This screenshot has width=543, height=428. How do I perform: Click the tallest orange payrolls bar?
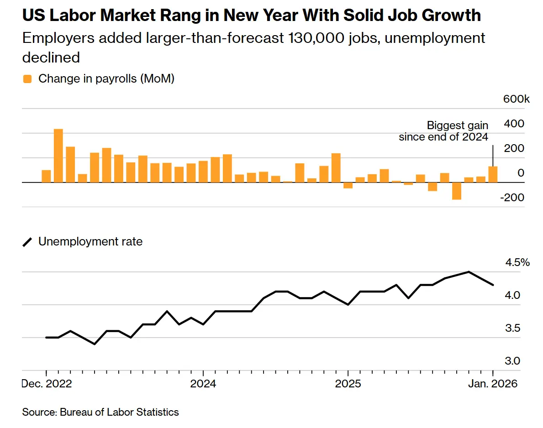(x=58, y=156)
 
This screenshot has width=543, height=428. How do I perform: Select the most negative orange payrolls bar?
(x=457, y=191)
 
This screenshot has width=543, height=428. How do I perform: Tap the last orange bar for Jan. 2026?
(x=493, y=174)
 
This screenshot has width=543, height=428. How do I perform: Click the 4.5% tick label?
(x=517, y=263)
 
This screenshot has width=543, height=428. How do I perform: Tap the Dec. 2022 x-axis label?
(x=47, y=384)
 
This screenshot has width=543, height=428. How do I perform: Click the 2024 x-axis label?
(x=203, y=384)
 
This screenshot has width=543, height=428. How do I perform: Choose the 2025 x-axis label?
(x=348, y=384)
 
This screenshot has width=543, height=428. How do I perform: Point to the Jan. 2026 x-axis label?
(x=492, y=384)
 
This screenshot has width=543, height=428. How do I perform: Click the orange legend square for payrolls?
(x=28, y=79)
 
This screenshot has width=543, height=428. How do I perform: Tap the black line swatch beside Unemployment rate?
(x=28, y=242)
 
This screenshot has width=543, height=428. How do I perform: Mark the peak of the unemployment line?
(x=469, y=272)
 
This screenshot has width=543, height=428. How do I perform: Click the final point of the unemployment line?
(x=493, y=285)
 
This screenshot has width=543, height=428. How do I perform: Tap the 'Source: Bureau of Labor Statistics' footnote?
(x=100, y=412)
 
